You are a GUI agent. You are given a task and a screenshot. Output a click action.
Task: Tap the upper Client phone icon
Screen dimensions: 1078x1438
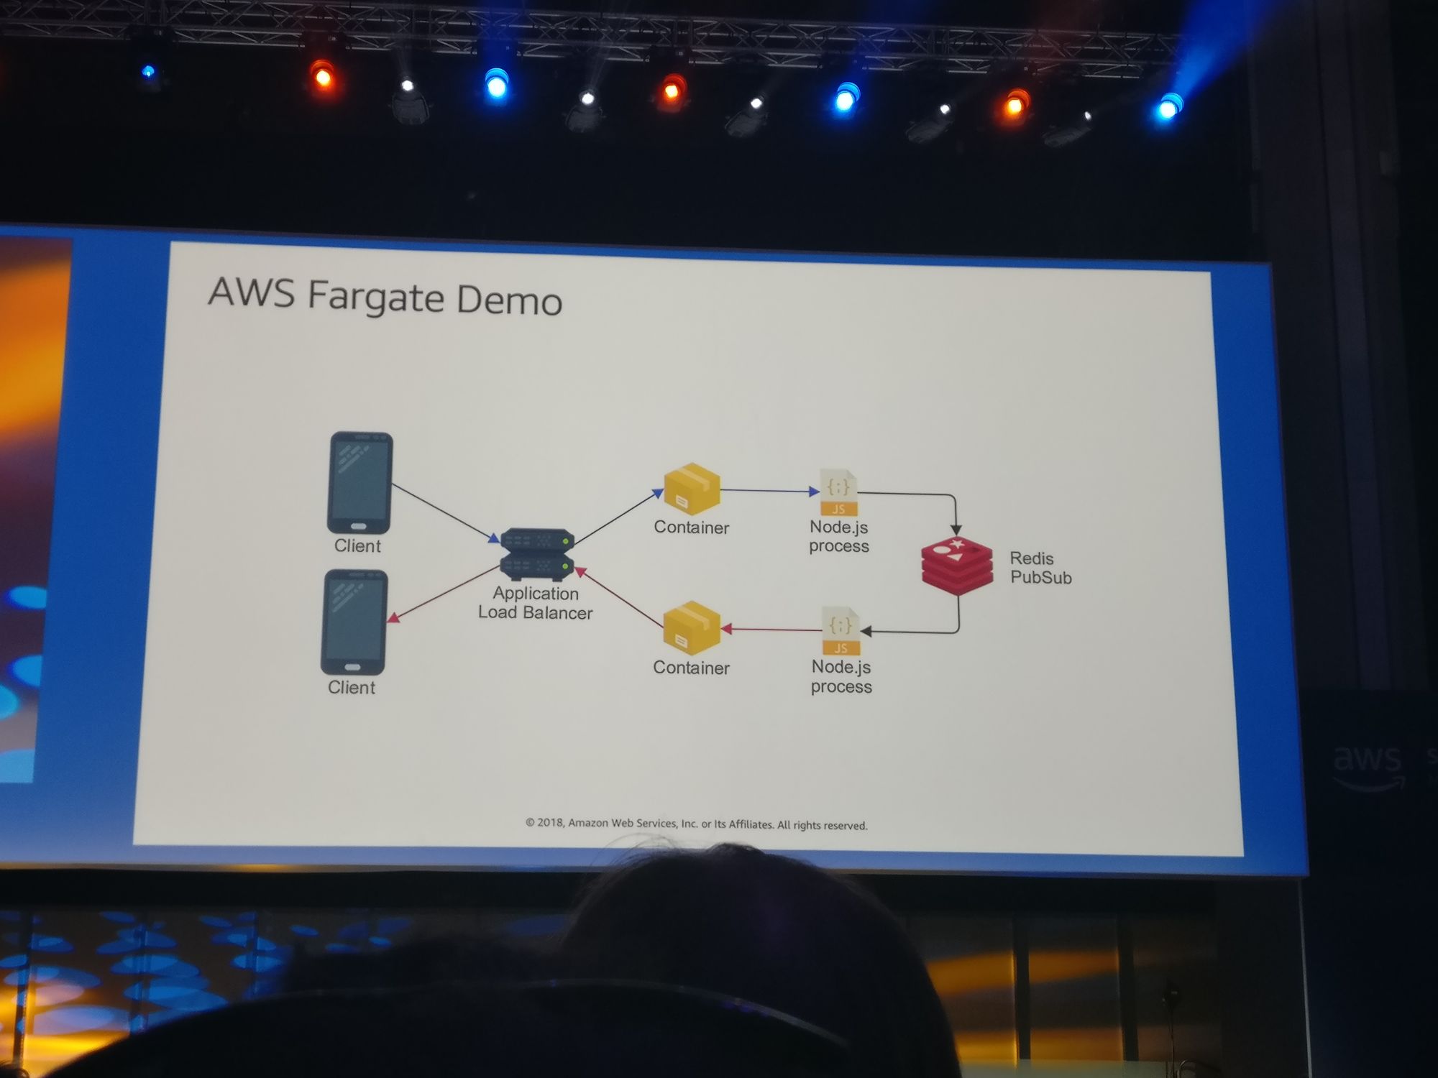coord(360,482)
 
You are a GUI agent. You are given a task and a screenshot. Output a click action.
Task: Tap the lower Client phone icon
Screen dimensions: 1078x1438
coord(354,622)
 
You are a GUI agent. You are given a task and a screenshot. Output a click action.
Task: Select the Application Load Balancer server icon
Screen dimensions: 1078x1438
coord(537,554)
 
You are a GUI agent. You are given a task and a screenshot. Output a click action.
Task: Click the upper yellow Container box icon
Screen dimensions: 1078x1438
coord(692,489)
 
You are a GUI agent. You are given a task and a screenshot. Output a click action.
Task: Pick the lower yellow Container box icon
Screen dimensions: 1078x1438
coord(692,627)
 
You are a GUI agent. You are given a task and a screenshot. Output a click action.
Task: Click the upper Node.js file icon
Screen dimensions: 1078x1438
coord(839,492)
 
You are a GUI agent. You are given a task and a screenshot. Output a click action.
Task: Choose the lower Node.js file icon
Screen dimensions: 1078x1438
coord(841,630)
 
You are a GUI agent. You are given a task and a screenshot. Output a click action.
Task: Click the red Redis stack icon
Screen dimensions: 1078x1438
coord(957,566)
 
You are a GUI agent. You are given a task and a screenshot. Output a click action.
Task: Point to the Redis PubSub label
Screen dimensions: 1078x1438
coord(1040,568)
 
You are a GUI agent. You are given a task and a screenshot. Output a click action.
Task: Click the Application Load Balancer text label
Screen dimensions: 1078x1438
coord(536,603)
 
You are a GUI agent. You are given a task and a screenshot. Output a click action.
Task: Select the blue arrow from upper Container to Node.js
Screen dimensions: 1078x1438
coord(769,491)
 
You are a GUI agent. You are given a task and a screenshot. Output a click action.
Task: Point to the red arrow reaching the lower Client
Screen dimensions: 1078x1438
coord(443,594)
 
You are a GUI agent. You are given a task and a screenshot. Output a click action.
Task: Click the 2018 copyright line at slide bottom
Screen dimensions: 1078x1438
coord(696,824)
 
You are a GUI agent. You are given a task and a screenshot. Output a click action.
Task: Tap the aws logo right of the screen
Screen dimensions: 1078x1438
coord(1368,764)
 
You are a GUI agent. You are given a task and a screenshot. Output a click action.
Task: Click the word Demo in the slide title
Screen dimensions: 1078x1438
coord(509,300)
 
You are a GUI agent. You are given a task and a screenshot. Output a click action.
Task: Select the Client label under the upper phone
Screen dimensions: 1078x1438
coord(357,546)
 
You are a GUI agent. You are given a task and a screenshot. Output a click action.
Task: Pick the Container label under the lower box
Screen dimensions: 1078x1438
coord(691,668)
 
